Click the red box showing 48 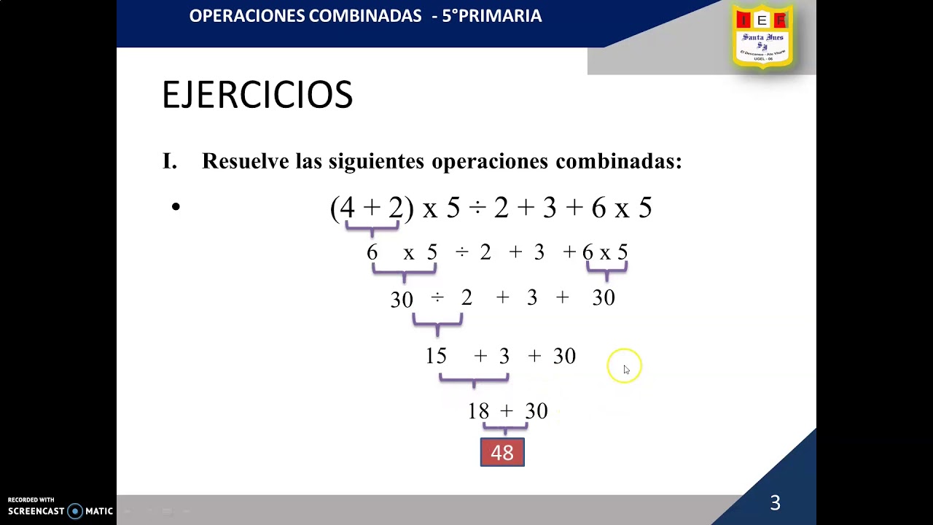502,452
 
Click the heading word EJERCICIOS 257,96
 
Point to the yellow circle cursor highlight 624,365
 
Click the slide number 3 775,502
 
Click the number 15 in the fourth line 436,356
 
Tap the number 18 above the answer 478,411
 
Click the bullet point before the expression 176,208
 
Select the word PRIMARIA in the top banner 502,16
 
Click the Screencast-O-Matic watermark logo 60,510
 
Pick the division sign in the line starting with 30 437,298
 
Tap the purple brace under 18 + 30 505,427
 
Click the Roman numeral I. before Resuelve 169,161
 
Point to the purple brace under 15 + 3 474,379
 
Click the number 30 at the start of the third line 402,300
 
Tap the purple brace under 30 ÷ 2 437,322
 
